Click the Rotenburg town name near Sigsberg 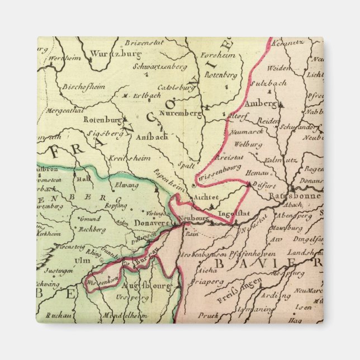(x=102, y=119)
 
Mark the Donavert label (x=153, y=222)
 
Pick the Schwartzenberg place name (x=160, y=67)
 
